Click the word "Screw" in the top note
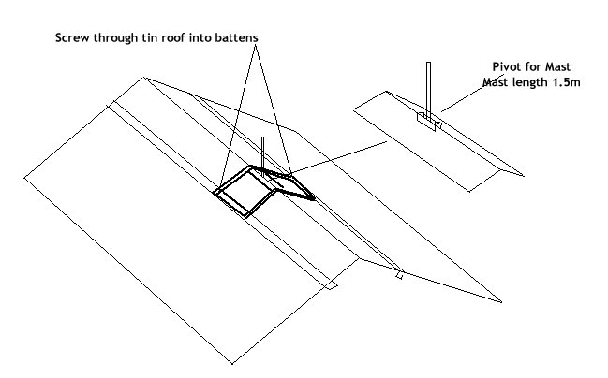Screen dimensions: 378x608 (x=74, y=36)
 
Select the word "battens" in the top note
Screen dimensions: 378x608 (x=230, y=36)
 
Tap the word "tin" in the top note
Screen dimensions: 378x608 (x=150, y=36)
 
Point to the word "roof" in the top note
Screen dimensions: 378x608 (x=175, y=36)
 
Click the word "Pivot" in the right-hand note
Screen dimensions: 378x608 (x=509, y=66)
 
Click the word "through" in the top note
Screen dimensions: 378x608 (x=116, y=36)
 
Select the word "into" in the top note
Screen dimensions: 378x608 (x=200, y=36)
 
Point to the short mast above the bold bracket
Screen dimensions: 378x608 (x=263, y=152)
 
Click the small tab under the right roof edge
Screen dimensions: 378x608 (x=400, y=275)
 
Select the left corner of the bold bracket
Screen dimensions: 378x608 (x=215, y=193)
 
